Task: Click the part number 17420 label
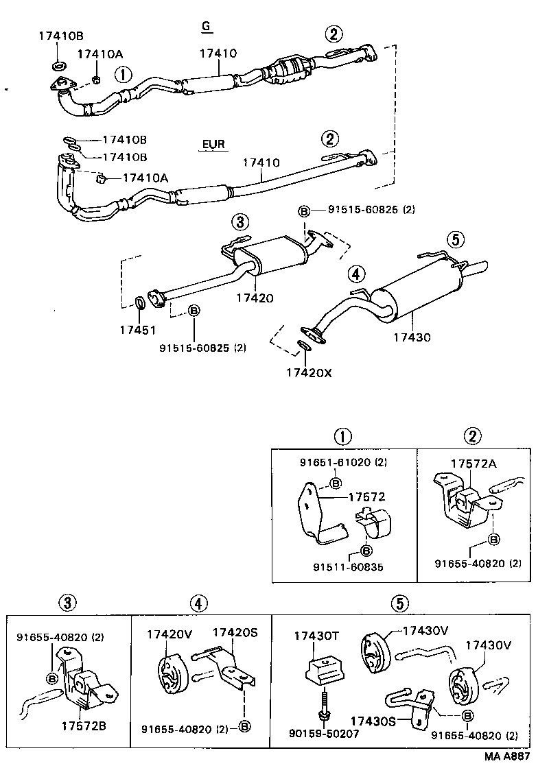[x=255, y=298]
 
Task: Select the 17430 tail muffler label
[x=412, y=337]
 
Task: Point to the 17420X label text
[x=309, y=372]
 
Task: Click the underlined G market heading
[x=205, y=27]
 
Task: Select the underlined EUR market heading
[x=213, y=145]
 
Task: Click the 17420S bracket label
[x=235, y=633]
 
